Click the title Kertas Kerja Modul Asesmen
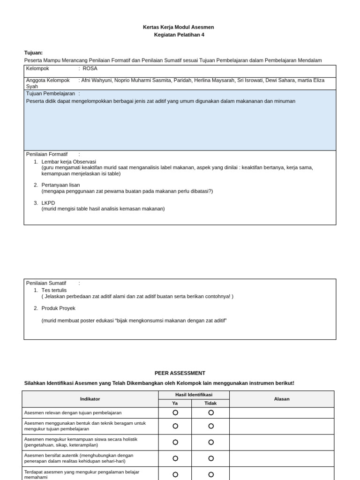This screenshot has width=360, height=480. tap(178, 27)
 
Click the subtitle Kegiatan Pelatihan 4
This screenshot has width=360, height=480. tap(179, 35)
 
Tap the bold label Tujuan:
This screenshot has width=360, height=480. tap(33, 52)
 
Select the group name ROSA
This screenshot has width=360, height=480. tap(90, 68)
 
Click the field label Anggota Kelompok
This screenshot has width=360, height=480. tap(48, 80)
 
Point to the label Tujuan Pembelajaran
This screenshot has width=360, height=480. tap(50, 93)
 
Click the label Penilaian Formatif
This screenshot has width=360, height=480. tap(47, 154)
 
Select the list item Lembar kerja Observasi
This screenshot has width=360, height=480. tap(68, 162)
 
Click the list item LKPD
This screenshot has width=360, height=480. tap(48, 203)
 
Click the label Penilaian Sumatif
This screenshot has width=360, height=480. tap(46, 283)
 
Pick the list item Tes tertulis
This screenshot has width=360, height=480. tap(54, 290)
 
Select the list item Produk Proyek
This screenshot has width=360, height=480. tap(58, 308)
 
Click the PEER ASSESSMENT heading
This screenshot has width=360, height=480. tap(180, 373)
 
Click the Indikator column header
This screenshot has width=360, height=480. tap(90, 399)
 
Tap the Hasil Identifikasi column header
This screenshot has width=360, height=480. tap(194, 395)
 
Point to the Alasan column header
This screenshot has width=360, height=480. tap(281, 399)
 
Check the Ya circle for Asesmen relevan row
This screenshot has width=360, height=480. tap(175, 412)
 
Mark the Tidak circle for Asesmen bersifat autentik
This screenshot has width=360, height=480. tap(211, 458)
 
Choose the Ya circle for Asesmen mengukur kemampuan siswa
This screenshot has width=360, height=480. tap(175, 442)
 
